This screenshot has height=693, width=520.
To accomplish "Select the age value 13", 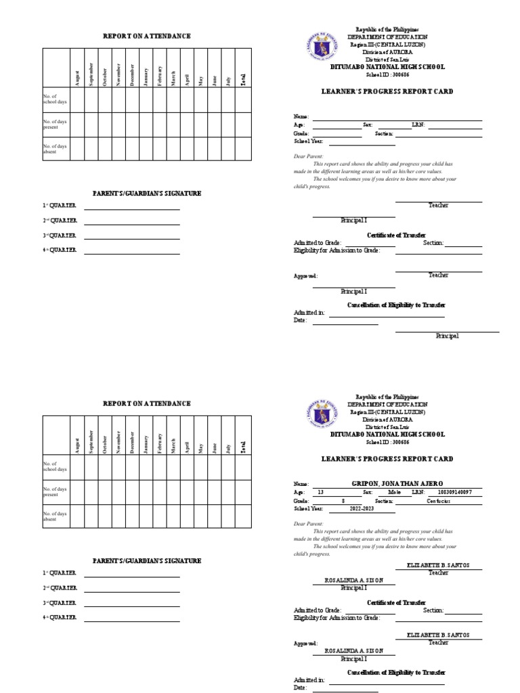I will point(320,493).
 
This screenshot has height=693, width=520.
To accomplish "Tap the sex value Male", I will point(394,493).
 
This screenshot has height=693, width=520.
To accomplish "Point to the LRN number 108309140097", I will point(455,493).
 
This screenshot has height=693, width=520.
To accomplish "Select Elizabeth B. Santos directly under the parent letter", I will point(438,564).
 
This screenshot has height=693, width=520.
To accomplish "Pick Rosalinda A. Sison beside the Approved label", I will point(354,650).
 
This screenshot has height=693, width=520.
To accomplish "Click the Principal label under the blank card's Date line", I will point(447,336).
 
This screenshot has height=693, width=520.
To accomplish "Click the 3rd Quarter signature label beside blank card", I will point(60,236).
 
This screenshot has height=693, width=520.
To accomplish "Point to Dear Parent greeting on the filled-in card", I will point(308,524).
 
